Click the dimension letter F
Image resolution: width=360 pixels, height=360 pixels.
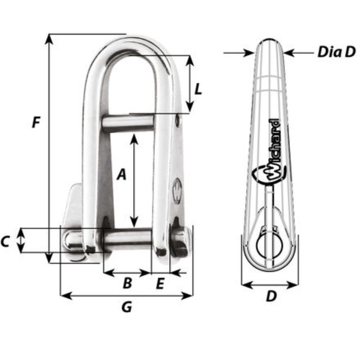point(36,122)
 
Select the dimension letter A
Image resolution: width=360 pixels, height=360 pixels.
point(121,175)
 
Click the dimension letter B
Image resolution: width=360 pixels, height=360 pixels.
point(127,283)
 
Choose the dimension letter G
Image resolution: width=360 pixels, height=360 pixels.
point(127,307)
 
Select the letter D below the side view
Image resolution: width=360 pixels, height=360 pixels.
point(270,297)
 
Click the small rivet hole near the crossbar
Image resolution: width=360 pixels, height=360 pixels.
point(179,119)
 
